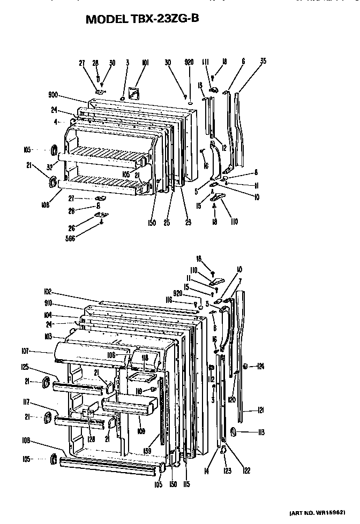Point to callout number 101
tap(145, 63)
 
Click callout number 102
tap(48, 292)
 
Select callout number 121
tap(261, 411)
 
